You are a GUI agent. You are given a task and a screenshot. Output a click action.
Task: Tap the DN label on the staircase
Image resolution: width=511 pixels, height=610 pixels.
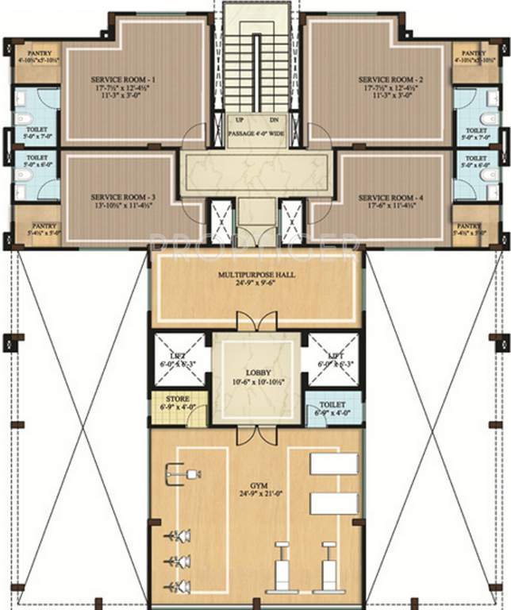[x=274, y=121]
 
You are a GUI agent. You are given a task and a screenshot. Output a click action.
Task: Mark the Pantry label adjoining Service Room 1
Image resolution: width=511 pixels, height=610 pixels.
[x=34, y=52]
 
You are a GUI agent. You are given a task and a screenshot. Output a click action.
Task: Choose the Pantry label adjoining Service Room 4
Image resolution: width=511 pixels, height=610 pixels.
[x=468, y=226]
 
